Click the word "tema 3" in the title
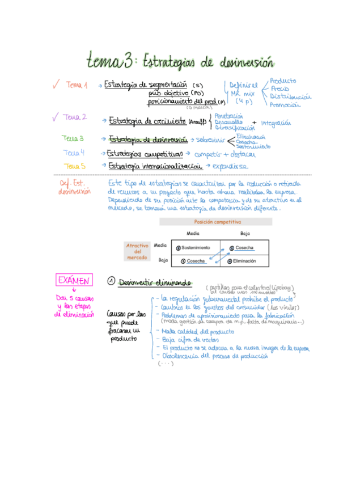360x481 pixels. [111, 60]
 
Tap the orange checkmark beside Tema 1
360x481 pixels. [56, 85]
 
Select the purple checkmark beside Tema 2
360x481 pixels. [55, 117]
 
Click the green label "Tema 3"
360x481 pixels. [73, 138]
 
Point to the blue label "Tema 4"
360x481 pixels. [74, 153]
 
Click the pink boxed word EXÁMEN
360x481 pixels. [73, 280]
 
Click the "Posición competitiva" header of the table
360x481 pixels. [217, 222]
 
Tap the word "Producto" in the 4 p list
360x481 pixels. [282, 81]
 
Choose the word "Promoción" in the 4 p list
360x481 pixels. [285, 104]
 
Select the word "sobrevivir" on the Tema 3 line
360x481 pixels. [211, 140]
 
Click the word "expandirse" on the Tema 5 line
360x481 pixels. [231, 167]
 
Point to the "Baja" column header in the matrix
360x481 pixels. [245, 233]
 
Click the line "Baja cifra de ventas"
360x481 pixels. [184, 340]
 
